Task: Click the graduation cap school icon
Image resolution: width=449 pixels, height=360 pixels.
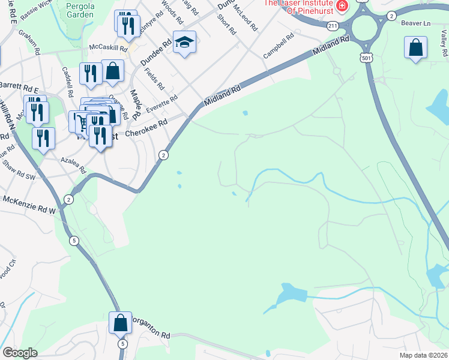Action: pyautogui.click(x=185, y=42)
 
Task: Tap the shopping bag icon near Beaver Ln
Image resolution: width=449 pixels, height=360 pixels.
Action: pyautogui.click(x=415, y=47)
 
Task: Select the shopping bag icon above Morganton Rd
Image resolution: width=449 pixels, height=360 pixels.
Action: pyautogui.click(x=120, y=322)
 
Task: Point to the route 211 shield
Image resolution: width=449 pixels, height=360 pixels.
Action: pyautogui.click(x=333, y=26)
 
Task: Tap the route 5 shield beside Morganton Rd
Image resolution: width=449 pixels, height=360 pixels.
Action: pyautogui.click(x=123, y=344)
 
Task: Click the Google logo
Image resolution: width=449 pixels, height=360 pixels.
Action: pyautogui.click(x=20, y=353)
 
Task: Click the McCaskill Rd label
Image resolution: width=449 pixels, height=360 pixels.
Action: pyautogui.click(x=108, y=47)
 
